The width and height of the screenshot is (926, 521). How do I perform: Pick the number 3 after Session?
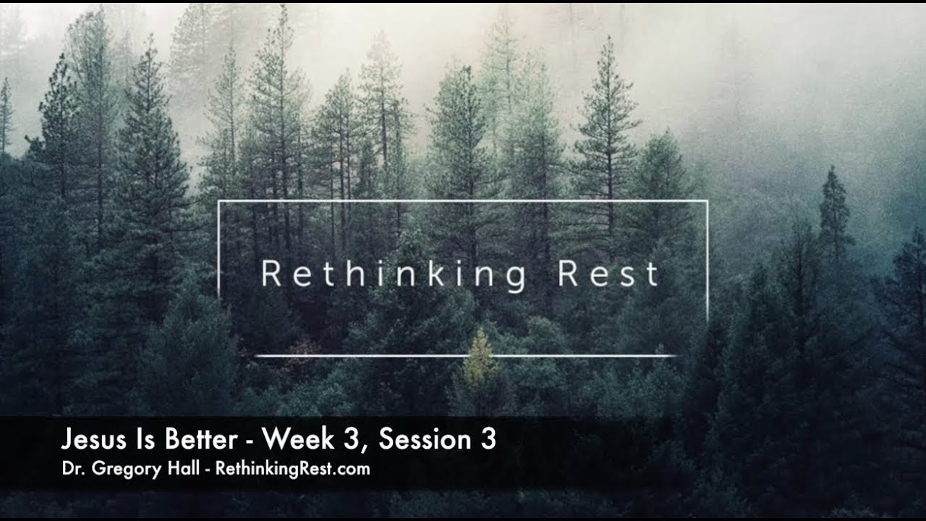click(x=489, y=439)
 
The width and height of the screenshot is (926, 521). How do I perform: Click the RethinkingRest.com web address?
click(x=293, y=469)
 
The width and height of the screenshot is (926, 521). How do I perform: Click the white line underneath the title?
click(x=463, y=356)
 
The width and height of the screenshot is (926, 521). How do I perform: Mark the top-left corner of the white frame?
click(x=219, y=201)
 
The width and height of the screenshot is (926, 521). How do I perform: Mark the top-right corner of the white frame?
click(x=706, y=201)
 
